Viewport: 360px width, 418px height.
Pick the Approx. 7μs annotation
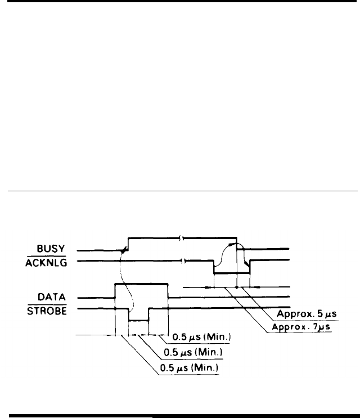click(x=301, y=327)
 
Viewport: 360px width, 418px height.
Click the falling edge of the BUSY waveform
click(x=237, y=243)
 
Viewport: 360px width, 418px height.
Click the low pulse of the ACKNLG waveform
click(x=231, y=273)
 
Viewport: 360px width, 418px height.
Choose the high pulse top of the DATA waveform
click(x=141, y=284)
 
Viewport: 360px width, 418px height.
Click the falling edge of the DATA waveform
click(x=168, y=290)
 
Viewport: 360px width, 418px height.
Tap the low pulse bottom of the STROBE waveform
click(x=138, y=320)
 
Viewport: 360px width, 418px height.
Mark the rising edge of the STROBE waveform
click(x=148, y=314)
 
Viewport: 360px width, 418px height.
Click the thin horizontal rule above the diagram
click(x=180, y=191)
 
